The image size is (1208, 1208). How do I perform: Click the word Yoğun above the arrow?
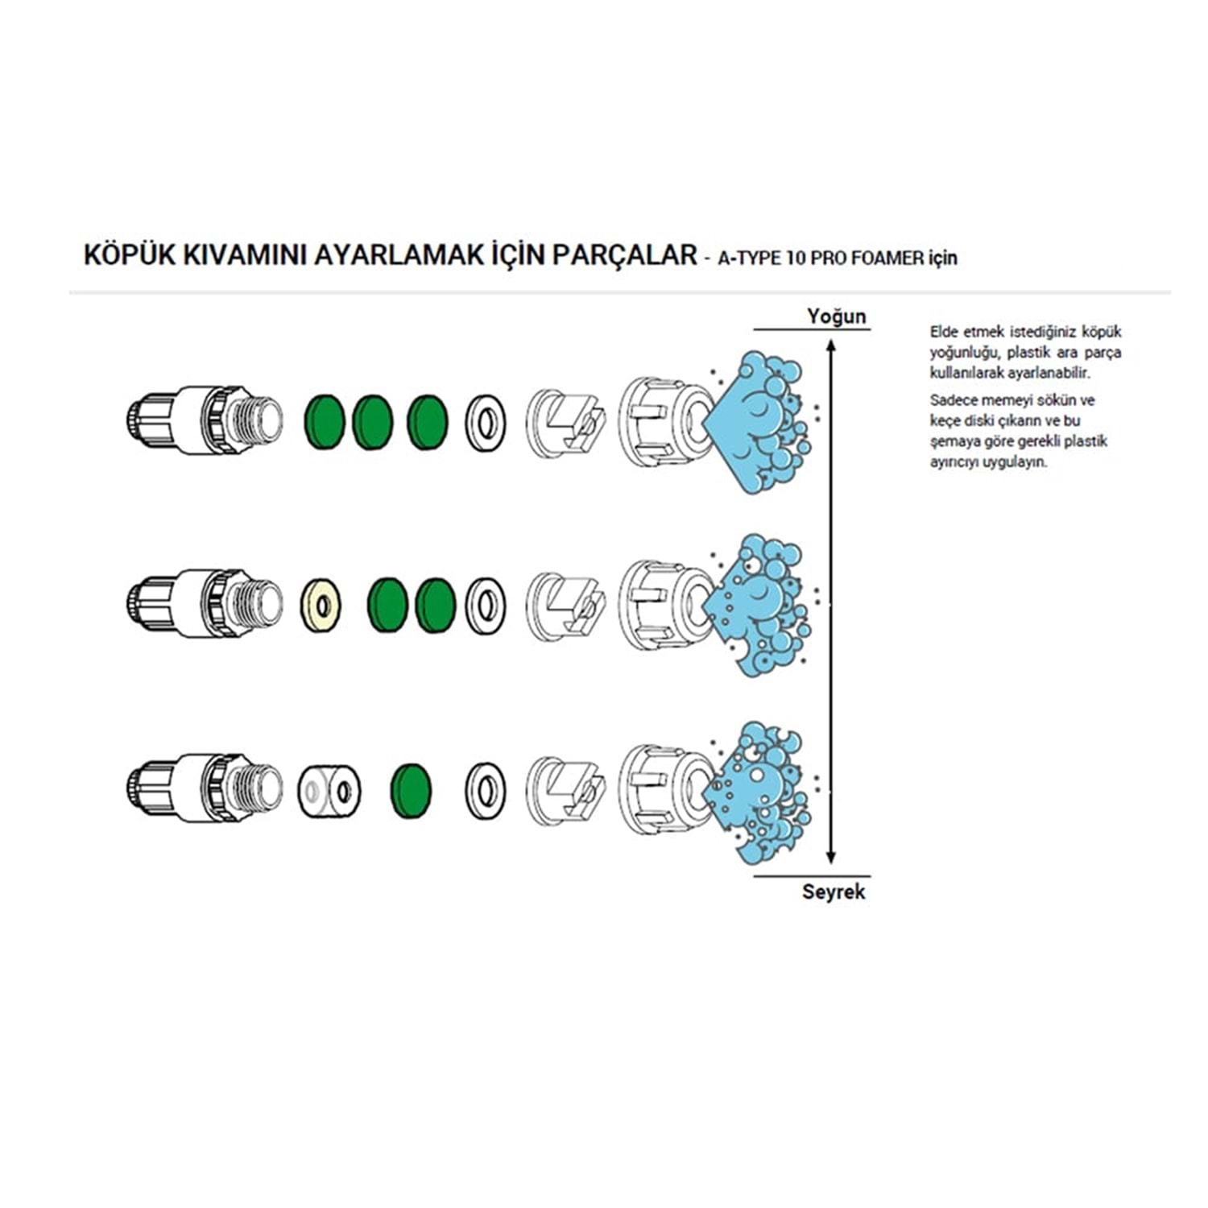(837, 316)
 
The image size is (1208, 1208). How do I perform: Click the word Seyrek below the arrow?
(834, 892)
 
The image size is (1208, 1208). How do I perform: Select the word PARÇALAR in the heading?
(625, 254)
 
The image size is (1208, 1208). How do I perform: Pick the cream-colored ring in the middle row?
(321, 604)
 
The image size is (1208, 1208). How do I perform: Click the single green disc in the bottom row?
(411, 789)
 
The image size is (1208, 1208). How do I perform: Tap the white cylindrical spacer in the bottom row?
(329, 789)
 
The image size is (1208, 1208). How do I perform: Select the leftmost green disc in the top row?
(325, 421)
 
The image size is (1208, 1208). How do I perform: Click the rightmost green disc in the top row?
(427, 421)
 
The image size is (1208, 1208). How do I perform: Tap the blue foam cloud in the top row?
(757, 423)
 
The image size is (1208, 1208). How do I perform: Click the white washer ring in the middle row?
(486, 605)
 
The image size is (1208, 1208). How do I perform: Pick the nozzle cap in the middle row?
(667, 605)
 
